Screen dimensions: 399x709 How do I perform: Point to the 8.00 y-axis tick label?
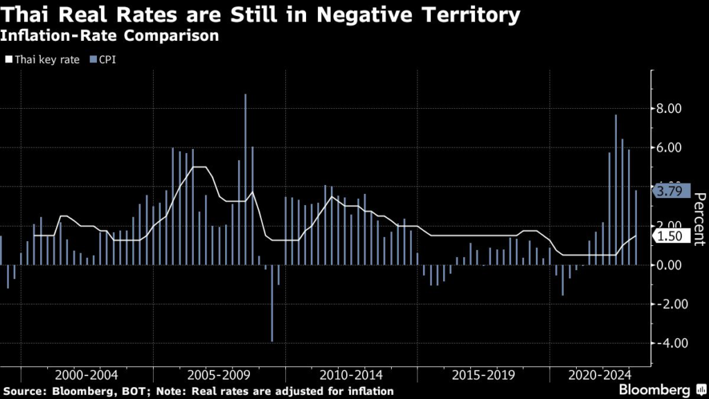pyautogui.click(x=668, y=109)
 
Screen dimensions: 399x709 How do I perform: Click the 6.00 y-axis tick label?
pyautogui.click(x=668, y=148)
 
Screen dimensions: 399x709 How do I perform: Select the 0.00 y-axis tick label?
pyautogui.click(x=668, y=265)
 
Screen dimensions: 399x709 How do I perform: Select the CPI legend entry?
pyautogui.click(x=104, y=59)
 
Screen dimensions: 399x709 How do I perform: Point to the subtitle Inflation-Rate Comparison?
pyautogui.click(x=111, y=36)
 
